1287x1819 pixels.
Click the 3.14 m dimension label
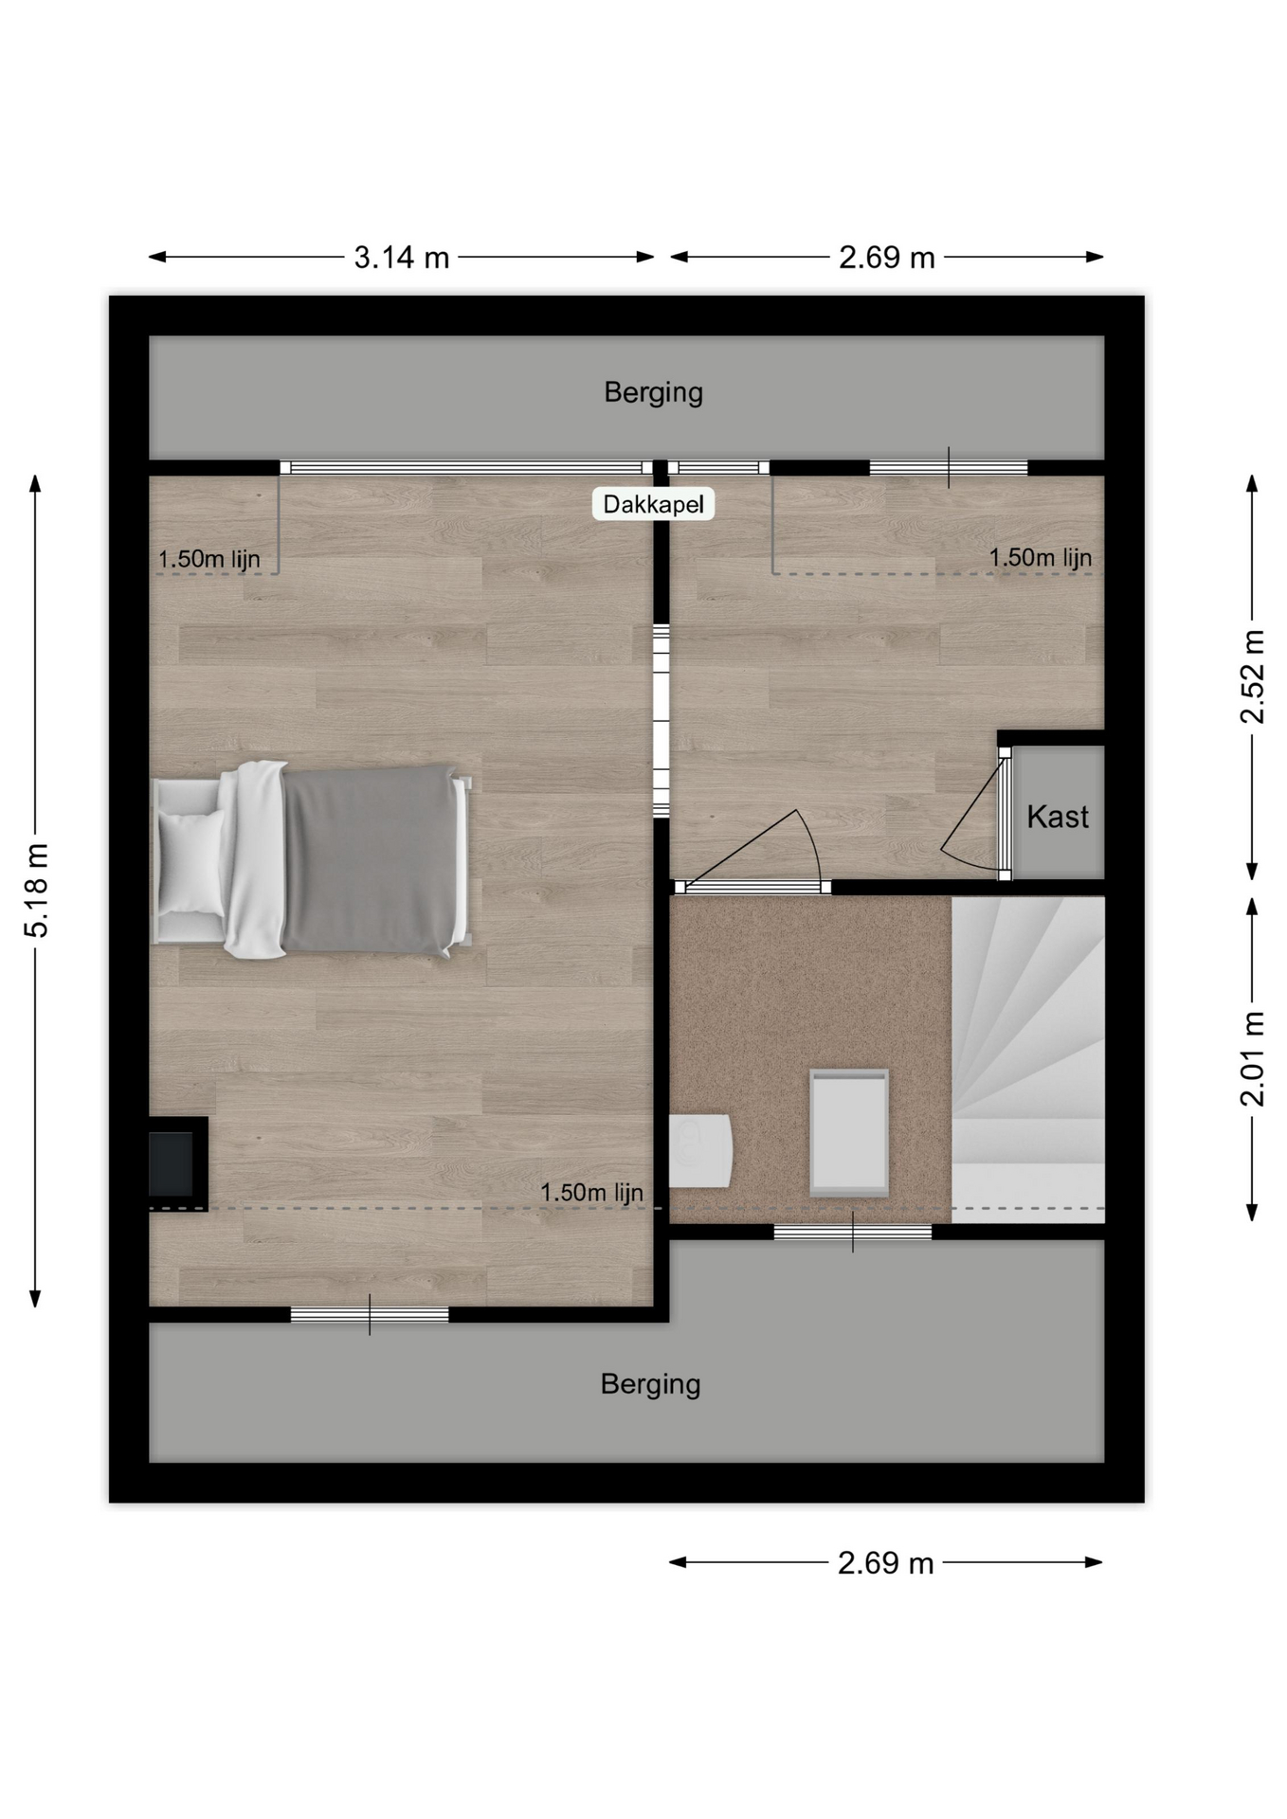[402, 257]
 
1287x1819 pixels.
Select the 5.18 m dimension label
[36, 890]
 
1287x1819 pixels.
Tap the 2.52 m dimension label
[1252, 675]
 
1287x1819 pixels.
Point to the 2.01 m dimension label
[1252, 1058]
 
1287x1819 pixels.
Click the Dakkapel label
[653, 504]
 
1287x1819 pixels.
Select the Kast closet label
[1058, 816]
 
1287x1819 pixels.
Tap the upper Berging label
[653, 392]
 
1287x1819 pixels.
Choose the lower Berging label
[650, 1384]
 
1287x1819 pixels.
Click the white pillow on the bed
[191, 862]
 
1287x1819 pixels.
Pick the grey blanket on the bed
[368, 858]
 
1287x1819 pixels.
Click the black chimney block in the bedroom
[177, 1163]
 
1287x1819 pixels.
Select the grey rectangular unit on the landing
[849, 1132]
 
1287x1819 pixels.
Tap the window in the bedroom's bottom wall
[370, 1314]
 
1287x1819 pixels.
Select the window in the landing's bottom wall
[853, 1232]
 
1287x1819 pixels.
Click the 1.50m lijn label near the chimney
[591, 1192]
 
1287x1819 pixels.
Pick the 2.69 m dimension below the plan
[886, 1562]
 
